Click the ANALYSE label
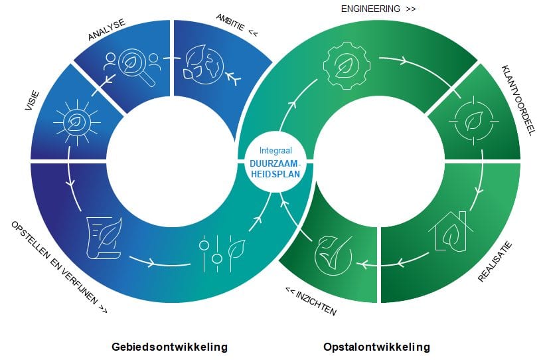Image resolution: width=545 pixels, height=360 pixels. click(x=106, y=31)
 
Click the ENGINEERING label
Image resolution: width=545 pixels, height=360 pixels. click(x=378, y=9)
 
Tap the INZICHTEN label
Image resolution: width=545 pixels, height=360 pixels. click(x=311, y=301)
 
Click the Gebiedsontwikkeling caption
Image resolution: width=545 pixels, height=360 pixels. click(x=170, y=347)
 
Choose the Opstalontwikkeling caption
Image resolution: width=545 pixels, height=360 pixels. click(x=376, y=347)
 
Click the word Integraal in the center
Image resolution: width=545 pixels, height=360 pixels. click(x=275, y=151)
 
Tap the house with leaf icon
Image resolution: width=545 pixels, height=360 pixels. click(x=449, y=230)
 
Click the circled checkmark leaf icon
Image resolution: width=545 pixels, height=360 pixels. click(x=332, y=253)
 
